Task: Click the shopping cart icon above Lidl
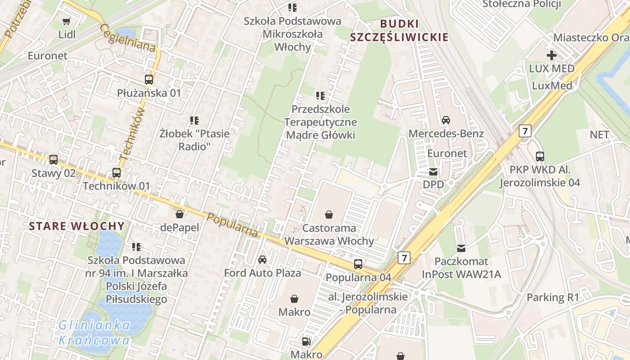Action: [67, 21]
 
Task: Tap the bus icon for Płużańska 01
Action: [148, 80]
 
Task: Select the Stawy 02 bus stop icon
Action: [54, 160]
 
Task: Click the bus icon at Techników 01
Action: [117, 173]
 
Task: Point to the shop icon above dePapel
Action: [179, 214]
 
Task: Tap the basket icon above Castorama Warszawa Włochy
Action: [329, 215]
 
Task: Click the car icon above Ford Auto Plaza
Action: [262, 260]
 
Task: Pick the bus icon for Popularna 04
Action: [358, 264]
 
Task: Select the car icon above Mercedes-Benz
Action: [446, 120]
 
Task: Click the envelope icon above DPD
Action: [433, 171]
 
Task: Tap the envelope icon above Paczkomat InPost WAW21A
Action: [461, 248]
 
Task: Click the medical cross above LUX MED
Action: [551, 55]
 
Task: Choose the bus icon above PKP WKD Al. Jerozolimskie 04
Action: [540, 157]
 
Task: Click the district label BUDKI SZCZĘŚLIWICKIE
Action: [399, 31]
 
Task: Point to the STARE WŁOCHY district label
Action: [76, 226]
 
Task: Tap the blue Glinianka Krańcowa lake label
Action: [94, 333]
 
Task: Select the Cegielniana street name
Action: [128, 38]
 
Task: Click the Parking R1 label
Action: [553, 297]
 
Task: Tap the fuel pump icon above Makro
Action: [306, 342]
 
